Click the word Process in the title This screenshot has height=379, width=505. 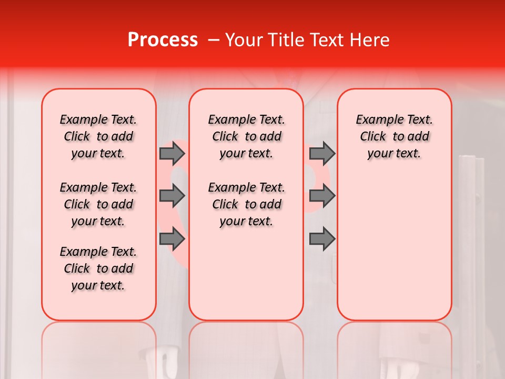coord(163,40)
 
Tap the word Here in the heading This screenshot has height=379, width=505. coord(370,40)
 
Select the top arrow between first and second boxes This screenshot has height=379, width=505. coord(172,154)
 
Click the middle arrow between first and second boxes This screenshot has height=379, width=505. coord(172,196)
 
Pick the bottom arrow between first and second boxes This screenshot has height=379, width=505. coord(172,240)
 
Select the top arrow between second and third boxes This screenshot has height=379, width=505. coord(322,154)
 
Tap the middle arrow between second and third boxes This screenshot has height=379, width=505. coord(322,196)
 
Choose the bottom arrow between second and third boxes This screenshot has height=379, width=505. coord(322,240)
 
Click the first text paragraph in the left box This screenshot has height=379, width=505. coord(98,136)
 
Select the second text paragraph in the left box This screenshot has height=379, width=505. coord(98,204)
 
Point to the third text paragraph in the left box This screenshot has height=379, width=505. coord(98,268)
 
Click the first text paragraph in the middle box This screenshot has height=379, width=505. coord(246,136)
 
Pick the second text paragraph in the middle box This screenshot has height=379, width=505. coord(246,204)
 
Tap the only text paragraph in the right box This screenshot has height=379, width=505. coord(394,136)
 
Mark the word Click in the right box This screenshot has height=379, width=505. coord(373,137)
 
